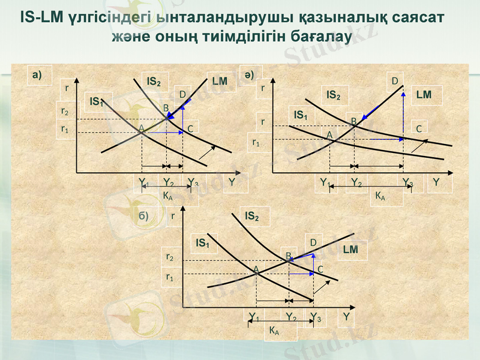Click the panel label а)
(x=38, y=74)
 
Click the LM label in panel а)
(x=220, y=80)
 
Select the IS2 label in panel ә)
(x=334, y=95)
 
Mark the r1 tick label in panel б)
(x=170, y=277)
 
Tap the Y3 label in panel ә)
(x=408, y=182)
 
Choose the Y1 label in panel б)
(x=254, y=317)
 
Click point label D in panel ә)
(x=395, y=80)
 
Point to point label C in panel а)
(x=190, y=128)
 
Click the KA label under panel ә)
(x=380, y=195)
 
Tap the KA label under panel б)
(x=273, y=331)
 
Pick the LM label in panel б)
(x=350, y=249)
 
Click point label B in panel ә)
(x=354, y=122)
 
